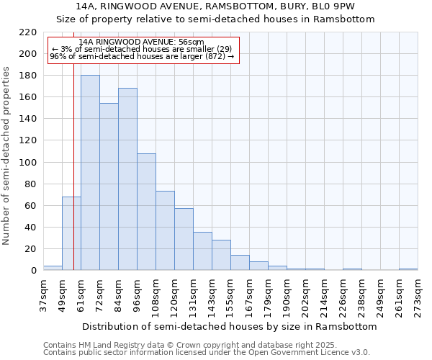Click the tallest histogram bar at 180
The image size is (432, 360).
coord(90,173)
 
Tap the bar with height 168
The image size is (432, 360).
coord(127,179)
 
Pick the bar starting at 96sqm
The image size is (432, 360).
coord(146,212)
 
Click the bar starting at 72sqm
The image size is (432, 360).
coord(109,186)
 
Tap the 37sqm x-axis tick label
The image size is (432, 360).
coord(43,295)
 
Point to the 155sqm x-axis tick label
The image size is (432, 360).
coord(230,295)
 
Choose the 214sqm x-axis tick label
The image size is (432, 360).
coord(324,295)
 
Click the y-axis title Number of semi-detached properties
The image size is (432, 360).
coord(7,156)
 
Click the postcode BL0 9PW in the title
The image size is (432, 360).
coord(336,6)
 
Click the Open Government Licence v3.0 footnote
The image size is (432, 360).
coord(311,352)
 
